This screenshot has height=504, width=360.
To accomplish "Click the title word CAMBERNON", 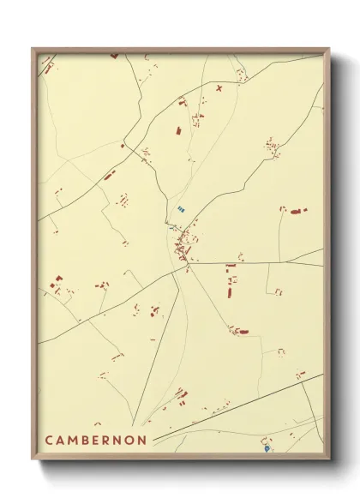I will [95, 440].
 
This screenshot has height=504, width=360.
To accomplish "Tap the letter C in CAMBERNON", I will [50, 440].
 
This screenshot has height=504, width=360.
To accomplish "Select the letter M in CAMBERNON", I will [74, 440].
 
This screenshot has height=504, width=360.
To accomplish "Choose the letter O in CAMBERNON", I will [130, 440].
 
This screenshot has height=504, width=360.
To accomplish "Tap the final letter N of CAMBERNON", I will [142, 440].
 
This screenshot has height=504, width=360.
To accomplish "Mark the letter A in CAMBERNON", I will [61, 440].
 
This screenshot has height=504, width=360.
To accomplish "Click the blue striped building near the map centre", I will [180, 208].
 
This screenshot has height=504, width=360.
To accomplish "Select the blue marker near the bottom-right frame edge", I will [267, 447].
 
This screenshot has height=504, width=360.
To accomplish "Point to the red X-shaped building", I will [219, 87].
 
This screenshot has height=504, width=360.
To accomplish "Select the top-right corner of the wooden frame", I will [328, 49].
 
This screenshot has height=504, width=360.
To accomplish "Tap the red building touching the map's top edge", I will [114, 56].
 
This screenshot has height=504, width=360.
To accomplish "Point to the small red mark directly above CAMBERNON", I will [97, 423].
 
